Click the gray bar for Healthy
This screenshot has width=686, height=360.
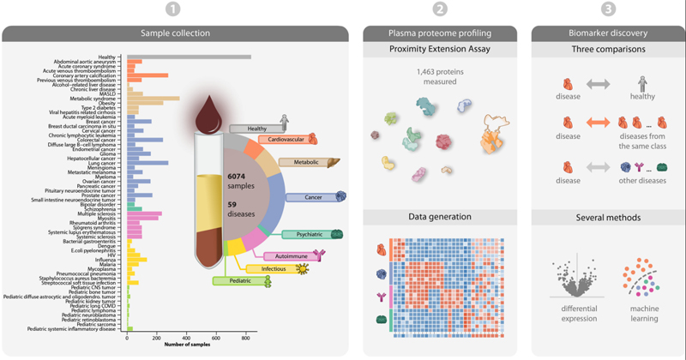pyautogui.click(x=189, y=57)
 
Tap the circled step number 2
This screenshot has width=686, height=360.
pyautogui.click(x=439, y=9)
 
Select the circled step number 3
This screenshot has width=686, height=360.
pyautogui.click(x=608, y=9)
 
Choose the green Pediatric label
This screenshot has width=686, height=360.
pyautogui.click(x=238, y=280)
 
